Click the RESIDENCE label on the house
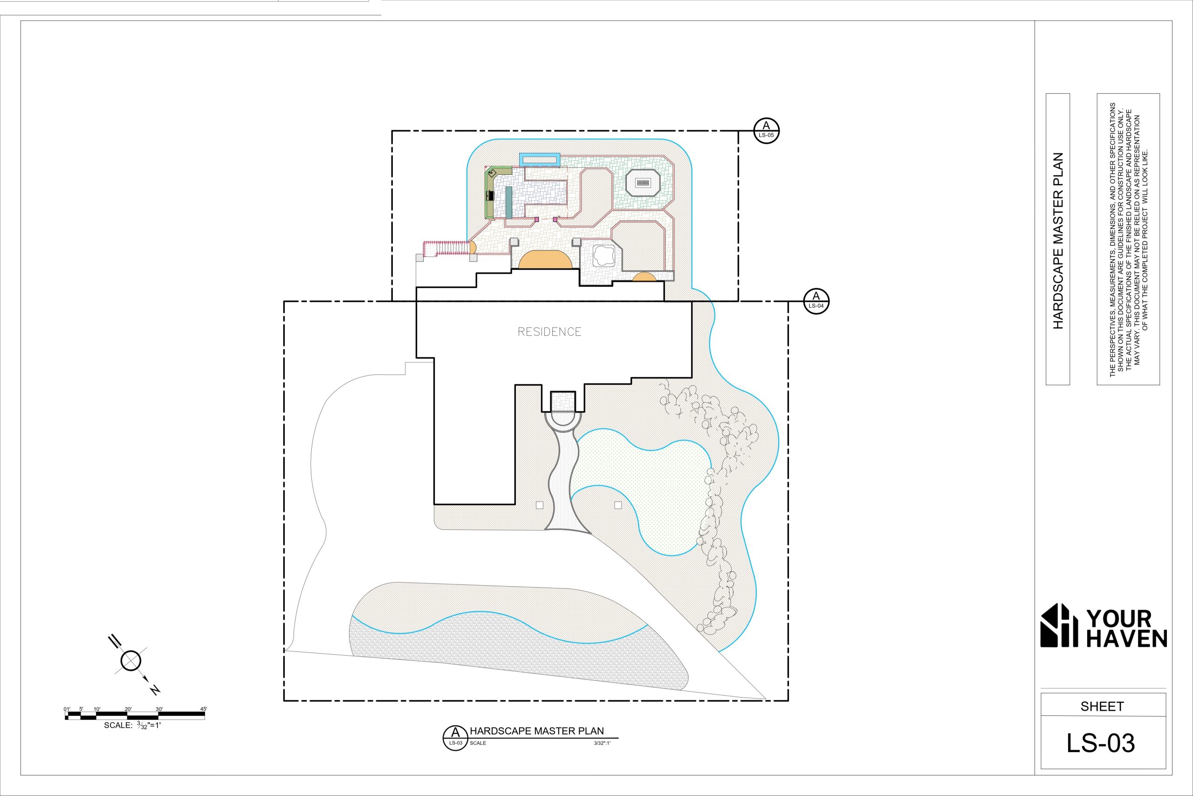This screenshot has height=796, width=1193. point(549,332)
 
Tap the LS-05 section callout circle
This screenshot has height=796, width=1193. point(766,131)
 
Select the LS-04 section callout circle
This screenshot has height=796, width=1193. point(816,301)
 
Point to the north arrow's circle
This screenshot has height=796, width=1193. point(131,660)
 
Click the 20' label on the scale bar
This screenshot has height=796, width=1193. point(128,709)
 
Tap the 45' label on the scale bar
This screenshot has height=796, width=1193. point(203,709)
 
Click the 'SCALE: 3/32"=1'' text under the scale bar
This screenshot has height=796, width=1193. point(132,726)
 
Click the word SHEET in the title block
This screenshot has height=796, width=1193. point(1102,706)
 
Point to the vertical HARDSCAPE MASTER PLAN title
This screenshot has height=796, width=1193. point(1058,241)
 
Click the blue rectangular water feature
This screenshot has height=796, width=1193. point(539,159)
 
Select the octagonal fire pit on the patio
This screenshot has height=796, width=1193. point(643,183)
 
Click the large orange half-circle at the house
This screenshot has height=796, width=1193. point(545,259)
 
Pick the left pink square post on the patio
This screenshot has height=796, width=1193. point(536,219)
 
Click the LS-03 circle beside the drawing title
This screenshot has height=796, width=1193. point(455,737)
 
